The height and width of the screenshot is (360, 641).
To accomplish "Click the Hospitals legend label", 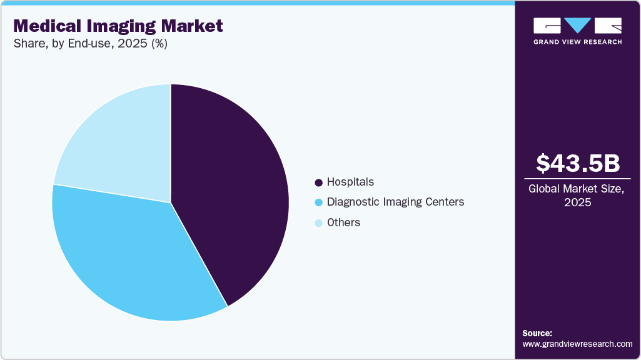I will (x=350, y=182).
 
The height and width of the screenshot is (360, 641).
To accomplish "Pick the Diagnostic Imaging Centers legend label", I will (x=395, y=202).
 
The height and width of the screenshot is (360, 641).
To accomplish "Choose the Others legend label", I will (x=343, y=222).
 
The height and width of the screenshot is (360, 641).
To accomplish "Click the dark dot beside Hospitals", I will (x=319, y=182).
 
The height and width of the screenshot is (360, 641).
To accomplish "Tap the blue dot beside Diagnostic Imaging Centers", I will (x=319, y=202).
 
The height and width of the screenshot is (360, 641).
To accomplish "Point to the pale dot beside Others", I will (x=319, y=223).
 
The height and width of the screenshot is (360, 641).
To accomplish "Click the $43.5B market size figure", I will (x=578, y=163).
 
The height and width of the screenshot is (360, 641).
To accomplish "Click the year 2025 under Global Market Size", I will (x=578, y=202).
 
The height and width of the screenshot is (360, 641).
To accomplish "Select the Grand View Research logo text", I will (x=577, y=42).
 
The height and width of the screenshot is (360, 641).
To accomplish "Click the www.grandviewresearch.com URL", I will (x=577, y=344).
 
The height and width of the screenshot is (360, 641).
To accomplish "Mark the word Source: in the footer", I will (x=537, y=333).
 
